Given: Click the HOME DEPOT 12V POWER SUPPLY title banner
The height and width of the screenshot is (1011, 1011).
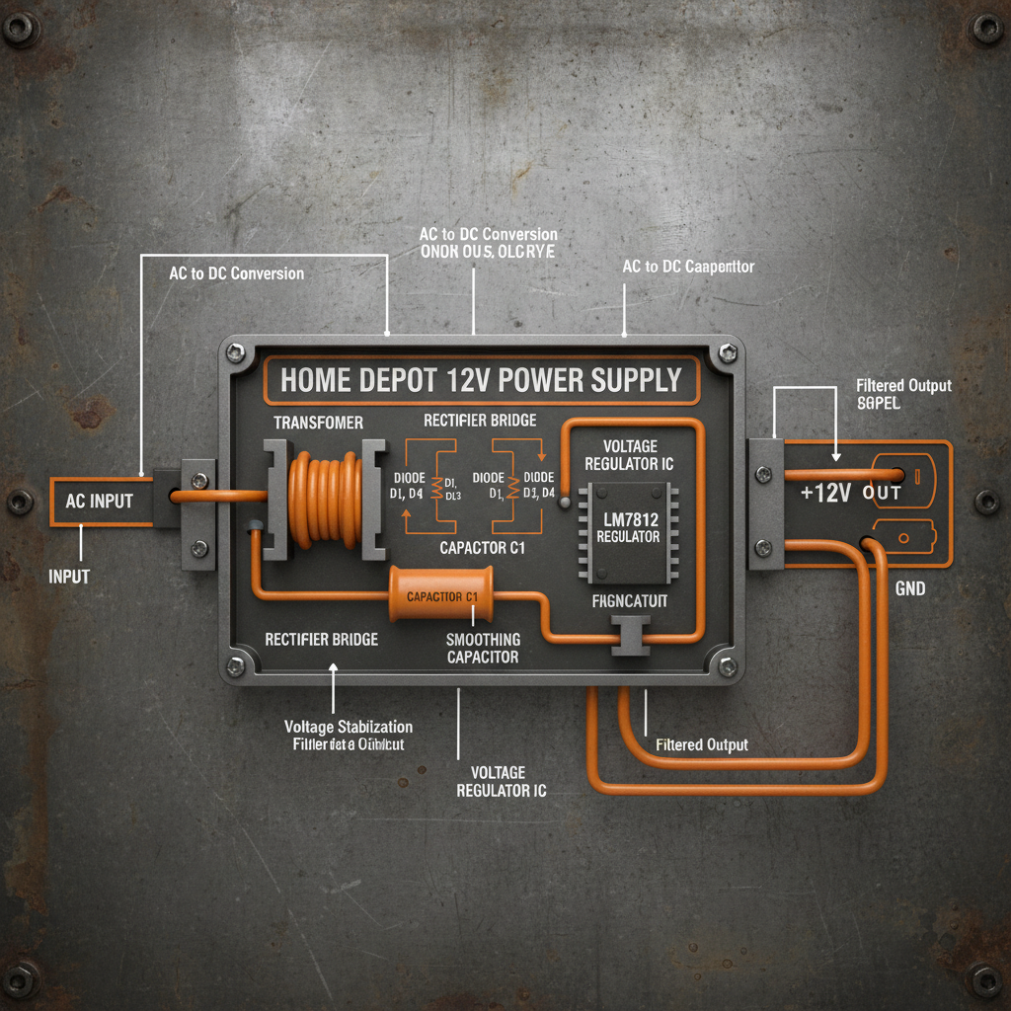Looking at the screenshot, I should coord(481,380).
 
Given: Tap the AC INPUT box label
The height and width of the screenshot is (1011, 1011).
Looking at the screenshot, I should coord(99,501).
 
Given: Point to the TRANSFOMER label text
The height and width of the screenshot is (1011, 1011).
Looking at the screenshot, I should coord(318,423).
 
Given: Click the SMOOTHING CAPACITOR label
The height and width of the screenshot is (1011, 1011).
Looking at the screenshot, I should coord(483,648).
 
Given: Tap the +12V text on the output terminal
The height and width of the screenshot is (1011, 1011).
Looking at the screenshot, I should coord(825,493).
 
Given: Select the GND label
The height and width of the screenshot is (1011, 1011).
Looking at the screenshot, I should coord(909,588).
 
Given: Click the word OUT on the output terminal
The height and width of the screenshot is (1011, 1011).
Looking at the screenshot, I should coord(882,493).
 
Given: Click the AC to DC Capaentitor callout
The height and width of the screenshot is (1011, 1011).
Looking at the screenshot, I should coord(688,267).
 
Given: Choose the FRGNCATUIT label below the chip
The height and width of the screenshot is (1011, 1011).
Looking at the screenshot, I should coord(630,600).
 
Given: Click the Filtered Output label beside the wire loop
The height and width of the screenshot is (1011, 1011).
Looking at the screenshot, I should coord(701,744).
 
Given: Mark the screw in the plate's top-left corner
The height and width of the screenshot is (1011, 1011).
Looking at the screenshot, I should coord(22,29).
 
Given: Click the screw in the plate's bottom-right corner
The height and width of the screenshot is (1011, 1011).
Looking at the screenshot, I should coord(987,980).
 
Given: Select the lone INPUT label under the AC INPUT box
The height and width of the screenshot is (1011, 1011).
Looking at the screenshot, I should coord(69,576).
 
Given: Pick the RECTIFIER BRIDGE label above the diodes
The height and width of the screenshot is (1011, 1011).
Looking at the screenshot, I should coord(480,421).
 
